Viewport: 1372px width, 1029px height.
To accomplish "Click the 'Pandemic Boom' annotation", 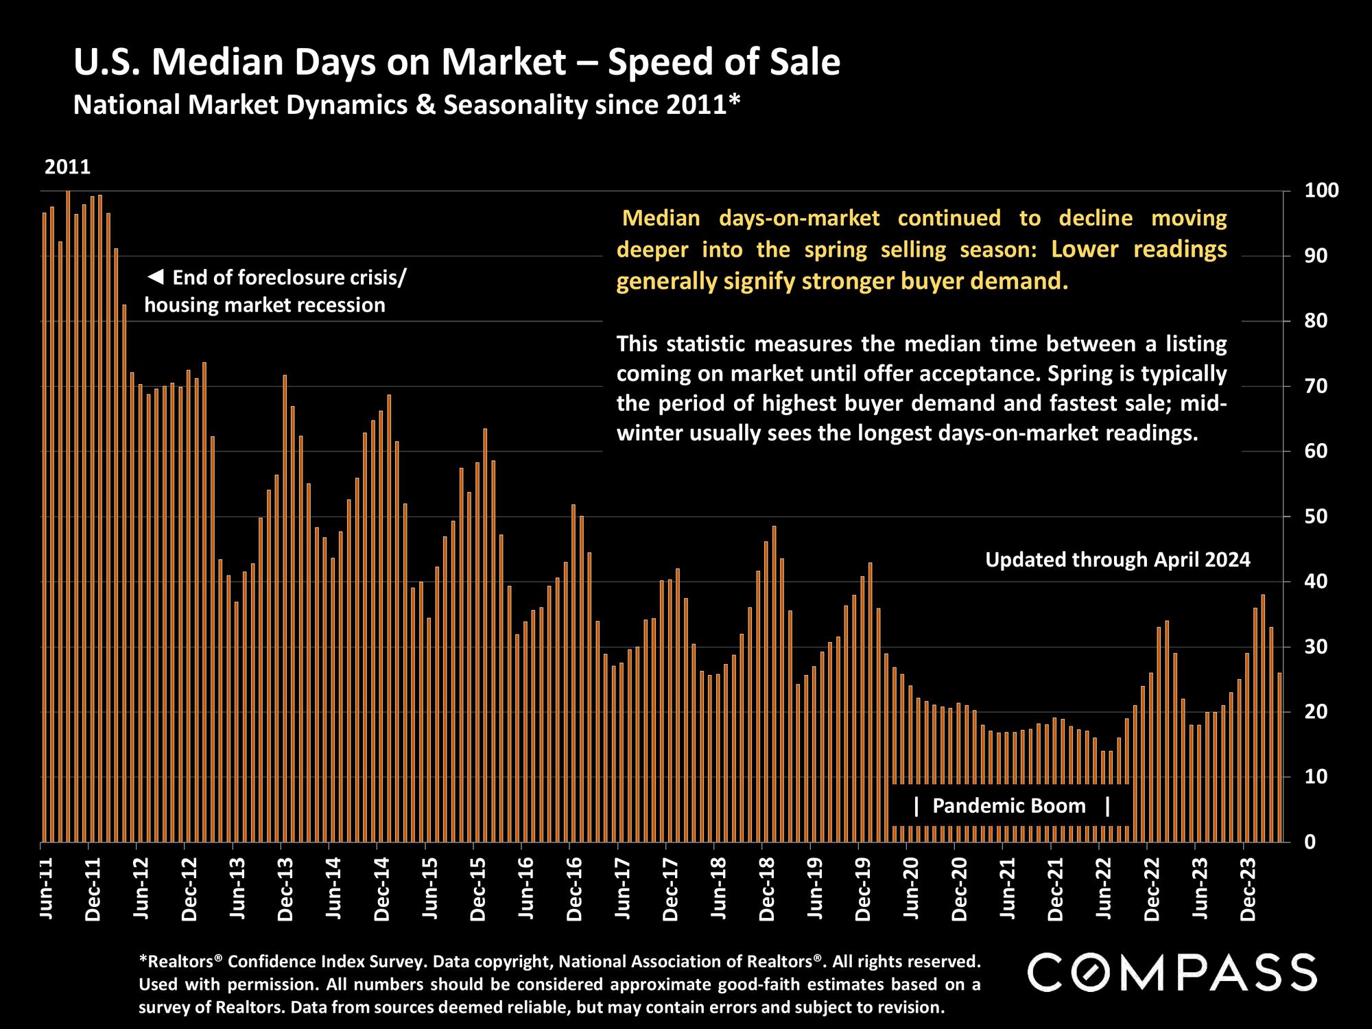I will (x=1009, y=806).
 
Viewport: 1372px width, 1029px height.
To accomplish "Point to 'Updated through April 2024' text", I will (x=1117, y=560).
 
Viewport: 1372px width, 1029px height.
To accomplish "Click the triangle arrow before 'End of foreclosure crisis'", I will (x=156, y=278).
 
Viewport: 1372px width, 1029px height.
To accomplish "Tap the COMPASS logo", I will (x=1172, y=972).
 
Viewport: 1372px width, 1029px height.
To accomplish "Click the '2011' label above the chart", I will (x=67, y=167).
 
